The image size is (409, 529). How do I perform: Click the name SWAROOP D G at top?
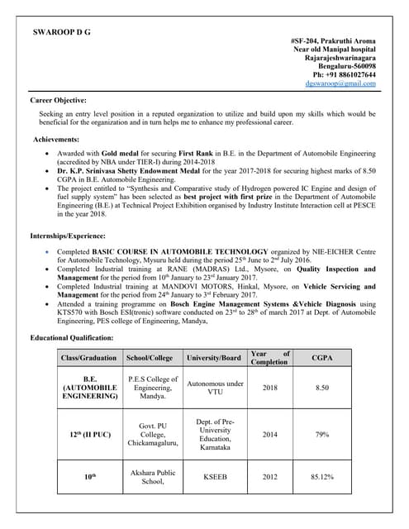(61, 31)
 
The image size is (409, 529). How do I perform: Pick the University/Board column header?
(214, 358)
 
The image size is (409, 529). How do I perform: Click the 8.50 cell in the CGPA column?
(323, 386)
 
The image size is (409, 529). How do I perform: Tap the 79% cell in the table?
(323, 432)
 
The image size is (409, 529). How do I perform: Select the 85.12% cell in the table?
(323, 476)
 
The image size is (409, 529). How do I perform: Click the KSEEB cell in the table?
(214, 476)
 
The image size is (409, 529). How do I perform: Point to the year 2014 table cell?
(269, 432)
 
